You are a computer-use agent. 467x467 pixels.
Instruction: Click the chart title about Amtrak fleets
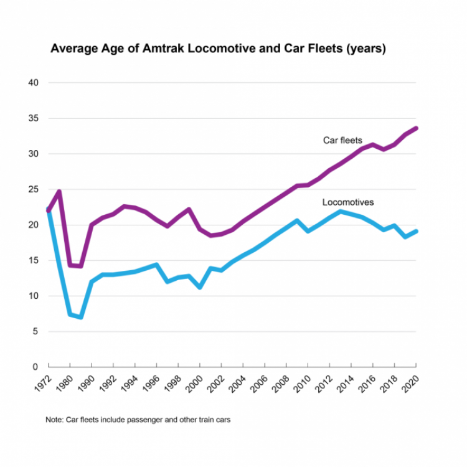[x=218, y=49]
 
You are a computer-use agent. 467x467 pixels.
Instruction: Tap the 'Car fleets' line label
[x=342, y=140]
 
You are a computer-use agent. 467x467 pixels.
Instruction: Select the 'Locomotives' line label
[x=348, y=202]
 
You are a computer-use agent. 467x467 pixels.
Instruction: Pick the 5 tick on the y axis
[x=36, y=331]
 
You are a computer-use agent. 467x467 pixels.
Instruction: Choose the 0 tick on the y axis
[x=36, y=367]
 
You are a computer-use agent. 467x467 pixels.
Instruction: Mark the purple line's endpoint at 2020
[x=416, y=128]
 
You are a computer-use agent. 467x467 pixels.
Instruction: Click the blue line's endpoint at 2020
[x=416, y=231]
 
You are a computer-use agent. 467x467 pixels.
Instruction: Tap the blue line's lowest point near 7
[x=80, y=317]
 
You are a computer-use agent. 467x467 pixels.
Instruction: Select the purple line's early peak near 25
[x=59, y=192]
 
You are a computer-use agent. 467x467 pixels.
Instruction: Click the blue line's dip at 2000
[x=200, y=287]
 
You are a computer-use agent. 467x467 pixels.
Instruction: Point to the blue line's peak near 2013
[x=340, y=212]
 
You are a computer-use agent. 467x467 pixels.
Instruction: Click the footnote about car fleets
[x=138, y=420]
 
